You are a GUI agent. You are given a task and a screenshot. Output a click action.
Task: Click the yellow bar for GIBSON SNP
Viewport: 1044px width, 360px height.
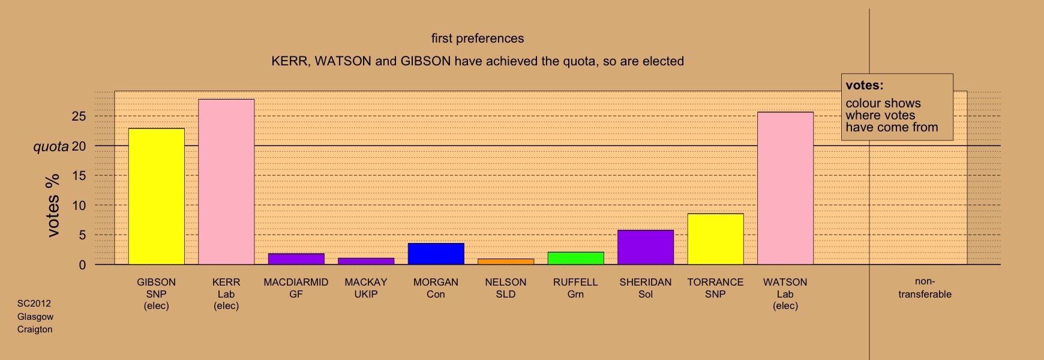[x=157, y=196]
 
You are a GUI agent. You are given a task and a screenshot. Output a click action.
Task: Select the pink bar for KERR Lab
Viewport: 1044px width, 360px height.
[x=226, y=182]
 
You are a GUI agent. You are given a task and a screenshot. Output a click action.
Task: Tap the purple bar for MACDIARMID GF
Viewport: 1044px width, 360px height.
[x=296, y=259]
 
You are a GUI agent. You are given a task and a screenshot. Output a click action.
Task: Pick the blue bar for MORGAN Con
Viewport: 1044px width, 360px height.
[x=436, y=254]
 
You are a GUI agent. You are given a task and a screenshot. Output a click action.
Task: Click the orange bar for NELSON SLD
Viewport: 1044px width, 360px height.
[x=506, y=262]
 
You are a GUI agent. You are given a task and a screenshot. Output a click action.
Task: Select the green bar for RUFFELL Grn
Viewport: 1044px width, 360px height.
[x=576, y=259]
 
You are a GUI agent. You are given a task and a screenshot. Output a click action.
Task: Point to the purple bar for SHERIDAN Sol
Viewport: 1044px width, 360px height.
[x=646, y=247]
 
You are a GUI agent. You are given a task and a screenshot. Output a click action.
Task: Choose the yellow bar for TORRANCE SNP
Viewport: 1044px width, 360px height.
[x=715, y=239]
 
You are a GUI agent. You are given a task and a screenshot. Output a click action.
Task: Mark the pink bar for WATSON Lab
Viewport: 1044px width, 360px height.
[x=785, y=188]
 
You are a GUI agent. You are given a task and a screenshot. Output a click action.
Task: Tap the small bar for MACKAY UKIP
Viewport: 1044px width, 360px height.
[x=366, y=261]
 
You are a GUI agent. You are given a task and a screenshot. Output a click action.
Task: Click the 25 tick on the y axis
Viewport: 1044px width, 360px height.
[x=79, y=116]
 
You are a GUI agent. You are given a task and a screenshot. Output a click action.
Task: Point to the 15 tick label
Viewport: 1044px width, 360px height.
[x=79, y=176]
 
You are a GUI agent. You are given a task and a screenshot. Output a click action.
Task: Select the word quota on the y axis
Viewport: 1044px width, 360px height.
[x=51, y=146]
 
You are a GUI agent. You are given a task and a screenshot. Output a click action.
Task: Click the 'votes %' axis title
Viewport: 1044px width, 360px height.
[x=53, y=205]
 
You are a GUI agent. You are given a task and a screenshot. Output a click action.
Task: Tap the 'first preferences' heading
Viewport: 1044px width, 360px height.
[x=478, y=38]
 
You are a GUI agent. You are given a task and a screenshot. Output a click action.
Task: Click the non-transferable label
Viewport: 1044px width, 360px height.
[x=925, y=288]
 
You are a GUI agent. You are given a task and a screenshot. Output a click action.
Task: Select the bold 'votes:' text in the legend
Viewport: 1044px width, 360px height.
[x=865, y=85]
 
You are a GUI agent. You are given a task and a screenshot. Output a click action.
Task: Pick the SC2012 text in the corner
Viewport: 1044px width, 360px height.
[x=34, y=304]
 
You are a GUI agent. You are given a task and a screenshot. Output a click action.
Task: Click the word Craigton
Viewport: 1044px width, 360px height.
[x=35, y=329]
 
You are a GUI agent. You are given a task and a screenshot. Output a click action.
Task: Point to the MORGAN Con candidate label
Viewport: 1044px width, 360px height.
[x=436, y=288]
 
